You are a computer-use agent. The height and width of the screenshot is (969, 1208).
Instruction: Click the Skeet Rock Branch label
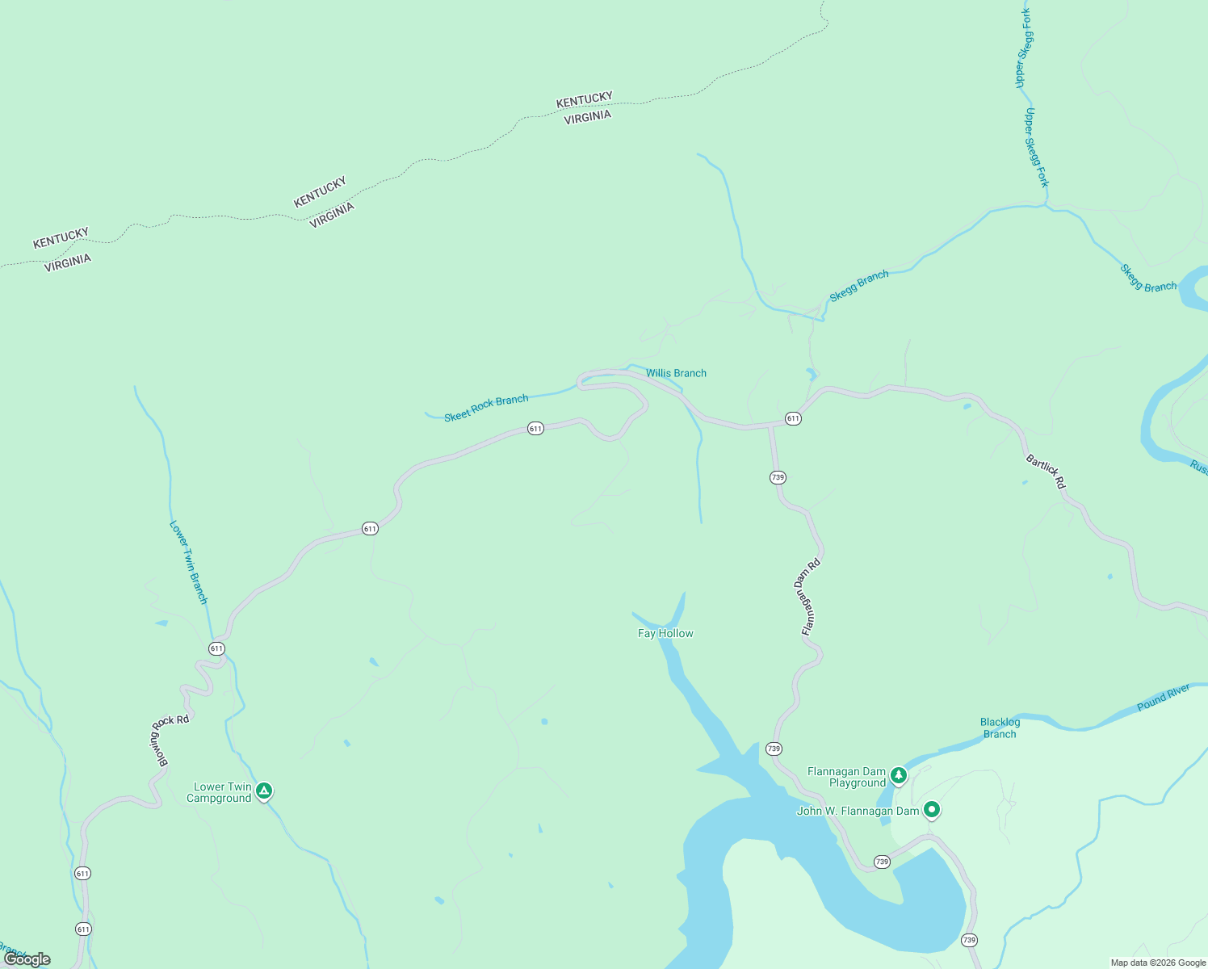486,407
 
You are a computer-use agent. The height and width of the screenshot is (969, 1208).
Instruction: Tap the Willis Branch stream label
676,373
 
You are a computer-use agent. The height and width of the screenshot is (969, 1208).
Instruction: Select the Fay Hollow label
665,634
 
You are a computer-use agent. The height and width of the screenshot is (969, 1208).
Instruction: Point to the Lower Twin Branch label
189,562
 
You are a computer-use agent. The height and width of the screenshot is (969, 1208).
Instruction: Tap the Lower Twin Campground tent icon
264,791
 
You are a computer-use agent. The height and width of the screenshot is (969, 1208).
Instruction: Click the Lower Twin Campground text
219,793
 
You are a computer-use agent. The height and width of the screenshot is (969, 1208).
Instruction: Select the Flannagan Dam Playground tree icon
898,776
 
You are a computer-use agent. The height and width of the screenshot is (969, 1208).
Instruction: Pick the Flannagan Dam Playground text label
846,777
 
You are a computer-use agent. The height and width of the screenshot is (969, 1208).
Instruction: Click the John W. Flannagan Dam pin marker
931,809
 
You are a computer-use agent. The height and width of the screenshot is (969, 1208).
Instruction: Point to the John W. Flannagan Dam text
858,812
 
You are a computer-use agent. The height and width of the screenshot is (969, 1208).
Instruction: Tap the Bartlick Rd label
1046,472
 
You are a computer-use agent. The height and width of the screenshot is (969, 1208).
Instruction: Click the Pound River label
1163,697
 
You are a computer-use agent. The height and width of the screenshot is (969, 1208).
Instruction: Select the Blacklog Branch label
1000,728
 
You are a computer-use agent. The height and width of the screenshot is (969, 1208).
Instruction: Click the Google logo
27,959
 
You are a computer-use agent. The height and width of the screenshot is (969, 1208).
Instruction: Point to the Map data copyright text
1158,963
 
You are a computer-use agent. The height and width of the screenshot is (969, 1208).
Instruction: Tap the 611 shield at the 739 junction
793,418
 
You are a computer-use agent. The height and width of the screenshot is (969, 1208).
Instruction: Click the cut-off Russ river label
1199,467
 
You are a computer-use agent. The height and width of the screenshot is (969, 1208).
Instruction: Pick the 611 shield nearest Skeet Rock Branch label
535,428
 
